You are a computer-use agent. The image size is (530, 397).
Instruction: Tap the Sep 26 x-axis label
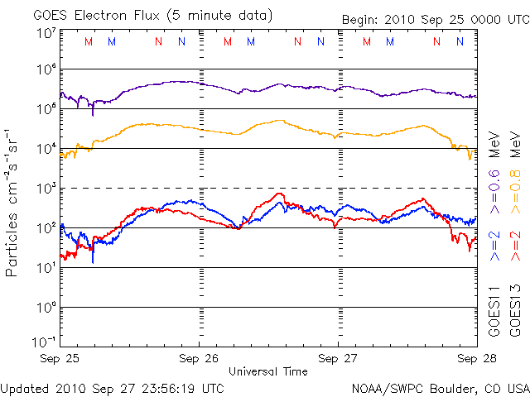click(199, 358)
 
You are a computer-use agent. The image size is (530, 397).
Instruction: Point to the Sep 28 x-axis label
click(477, 358)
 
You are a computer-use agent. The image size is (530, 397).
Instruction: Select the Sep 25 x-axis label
click(60, 358)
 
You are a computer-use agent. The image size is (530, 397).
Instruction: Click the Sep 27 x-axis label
click(338, 358)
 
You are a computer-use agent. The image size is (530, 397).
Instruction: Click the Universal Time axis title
click(268, 371)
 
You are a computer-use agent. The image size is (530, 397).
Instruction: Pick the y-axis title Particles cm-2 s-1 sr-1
click(11, 203)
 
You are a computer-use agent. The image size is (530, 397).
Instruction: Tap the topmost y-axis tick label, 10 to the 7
click(46, 34)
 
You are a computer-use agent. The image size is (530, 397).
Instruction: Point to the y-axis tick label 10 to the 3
click(46, 189)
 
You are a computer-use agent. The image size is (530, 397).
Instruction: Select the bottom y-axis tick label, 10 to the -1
click(44, 342)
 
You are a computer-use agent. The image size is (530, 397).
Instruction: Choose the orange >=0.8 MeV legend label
click(515, 173)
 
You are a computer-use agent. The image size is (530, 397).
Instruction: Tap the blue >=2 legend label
click(494, 246)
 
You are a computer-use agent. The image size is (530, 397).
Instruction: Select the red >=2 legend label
click(515, 246)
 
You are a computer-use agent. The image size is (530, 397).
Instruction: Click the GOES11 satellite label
click(494, 311)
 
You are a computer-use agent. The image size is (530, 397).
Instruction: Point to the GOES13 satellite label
click(515, 311)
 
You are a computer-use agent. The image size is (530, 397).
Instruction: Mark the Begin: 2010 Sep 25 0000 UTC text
click(436, 20)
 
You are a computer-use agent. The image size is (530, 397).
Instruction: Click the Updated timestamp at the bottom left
click(113, 389)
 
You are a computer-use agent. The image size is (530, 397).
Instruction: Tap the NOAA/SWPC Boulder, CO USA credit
click(441, 389)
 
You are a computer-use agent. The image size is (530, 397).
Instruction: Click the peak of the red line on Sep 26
click(279, 194)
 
